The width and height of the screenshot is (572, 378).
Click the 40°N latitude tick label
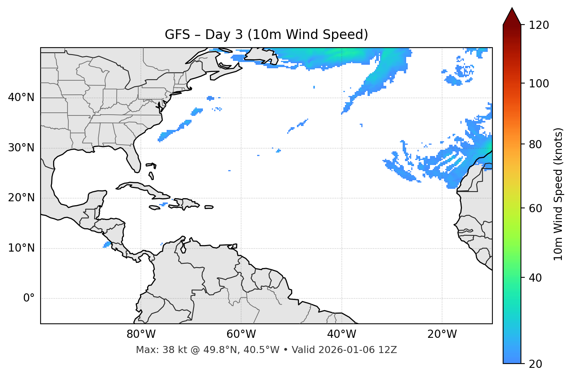pyautogui.click(x=21, y=98)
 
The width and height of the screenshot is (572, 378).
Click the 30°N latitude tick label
pyautogui.click(x=21, y=148)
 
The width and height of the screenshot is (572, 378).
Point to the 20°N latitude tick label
pyautogui.click(x=21, y=198)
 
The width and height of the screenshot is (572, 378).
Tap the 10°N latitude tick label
pyautogui.click(x=21, y=248)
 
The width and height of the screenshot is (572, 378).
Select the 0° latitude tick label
pyautogui.click(x=29, y=298)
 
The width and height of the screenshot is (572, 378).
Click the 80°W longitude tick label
pyautogui.click(x=141, y=334)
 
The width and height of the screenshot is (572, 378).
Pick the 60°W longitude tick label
pyautogui.click(x=241, y=334)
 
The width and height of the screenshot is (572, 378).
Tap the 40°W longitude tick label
pyautogui.click(x=341, y=334)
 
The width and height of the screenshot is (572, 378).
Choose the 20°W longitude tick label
pyautogui.click(x=442, y=334)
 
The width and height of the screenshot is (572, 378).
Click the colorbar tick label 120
pyautogui.click(x=539, y=25)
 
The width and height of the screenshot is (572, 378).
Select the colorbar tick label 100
pyautogui.click(x=539, y=83)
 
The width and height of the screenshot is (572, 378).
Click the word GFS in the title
pyautogui.click(x=177, y=35)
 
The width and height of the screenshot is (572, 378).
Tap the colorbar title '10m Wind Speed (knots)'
pyautogui.click(x=559, y=194)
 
